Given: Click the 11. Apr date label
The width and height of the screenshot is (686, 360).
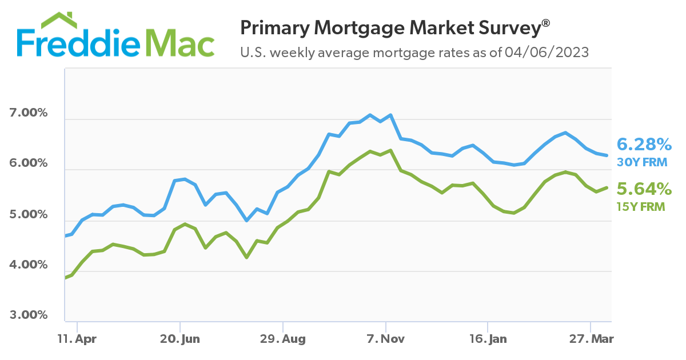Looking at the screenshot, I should click(77, 339).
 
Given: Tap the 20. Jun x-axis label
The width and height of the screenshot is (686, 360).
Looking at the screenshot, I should click(180, 339).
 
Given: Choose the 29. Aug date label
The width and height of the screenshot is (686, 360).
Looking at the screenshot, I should click(283, 339).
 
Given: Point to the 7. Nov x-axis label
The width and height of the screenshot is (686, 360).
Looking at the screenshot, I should click(386, 339).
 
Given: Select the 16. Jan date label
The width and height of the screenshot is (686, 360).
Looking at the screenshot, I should click(488, 339).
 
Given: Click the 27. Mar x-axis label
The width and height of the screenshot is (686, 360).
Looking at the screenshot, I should click(591, 339).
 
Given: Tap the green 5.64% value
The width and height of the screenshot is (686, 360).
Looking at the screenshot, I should click(643, 189).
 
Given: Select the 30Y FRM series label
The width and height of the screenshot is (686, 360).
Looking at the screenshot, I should click(642, 162).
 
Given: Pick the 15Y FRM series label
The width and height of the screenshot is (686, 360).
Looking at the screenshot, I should click(641, 207).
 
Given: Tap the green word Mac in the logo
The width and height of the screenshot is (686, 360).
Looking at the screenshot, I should click(180, 43).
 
